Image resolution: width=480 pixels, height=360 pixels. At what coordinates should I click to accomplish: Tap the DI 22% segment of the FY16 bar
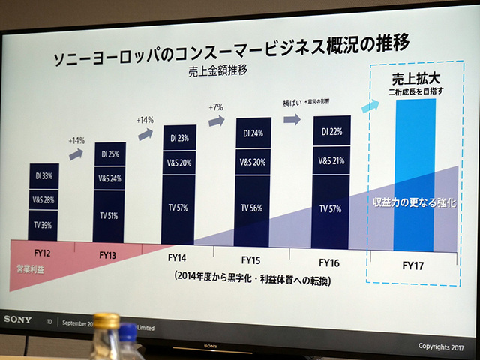click(331, 132)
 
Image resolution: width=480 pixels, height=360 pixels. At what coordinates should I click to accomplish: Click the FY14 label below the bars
click(179, 259)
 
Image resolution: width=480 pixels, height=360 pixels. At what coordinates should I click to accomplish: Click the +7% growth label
click(217, 107)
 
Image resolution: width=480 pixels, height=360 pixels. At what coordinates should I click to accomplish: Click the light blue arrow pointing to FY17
click(370, 106)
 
